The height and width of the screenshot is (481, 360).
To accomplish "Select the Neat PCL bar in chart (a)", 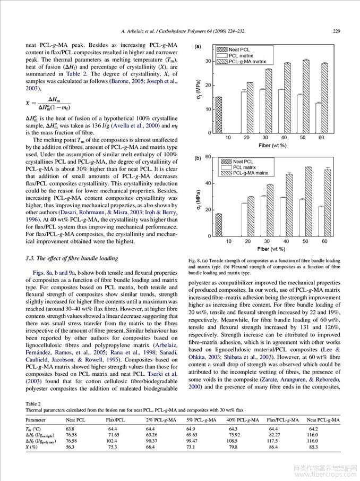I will [x=218, y=115].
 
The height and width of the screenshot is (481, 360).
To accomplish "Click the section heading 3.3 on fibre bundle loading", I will [x=72, y=258].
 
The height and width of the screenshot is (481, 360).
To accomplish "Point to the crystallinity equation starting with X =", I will [x=48, y=103].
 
